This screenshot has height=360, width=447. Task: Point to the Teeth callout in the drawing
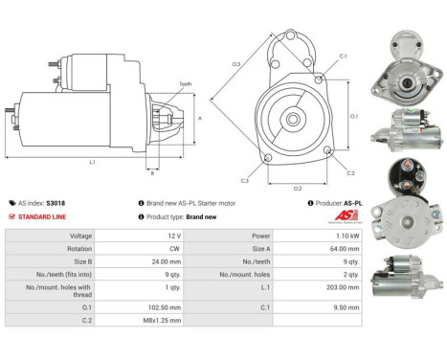point(185,84)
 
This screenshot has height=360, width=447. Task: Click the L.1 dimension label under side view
point(92,163)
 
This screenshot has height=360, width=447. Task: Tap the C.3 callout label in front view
point(244,180)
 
